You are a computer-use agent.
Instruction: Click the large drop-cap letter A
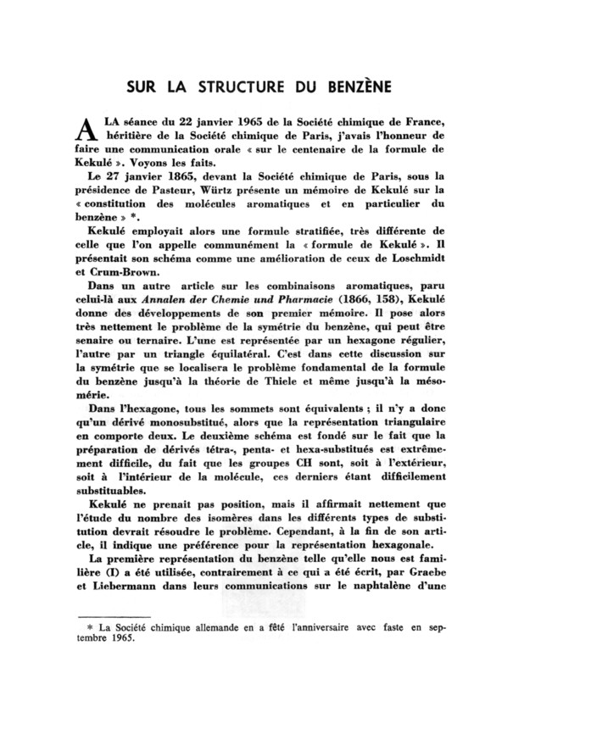point(84,130)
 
